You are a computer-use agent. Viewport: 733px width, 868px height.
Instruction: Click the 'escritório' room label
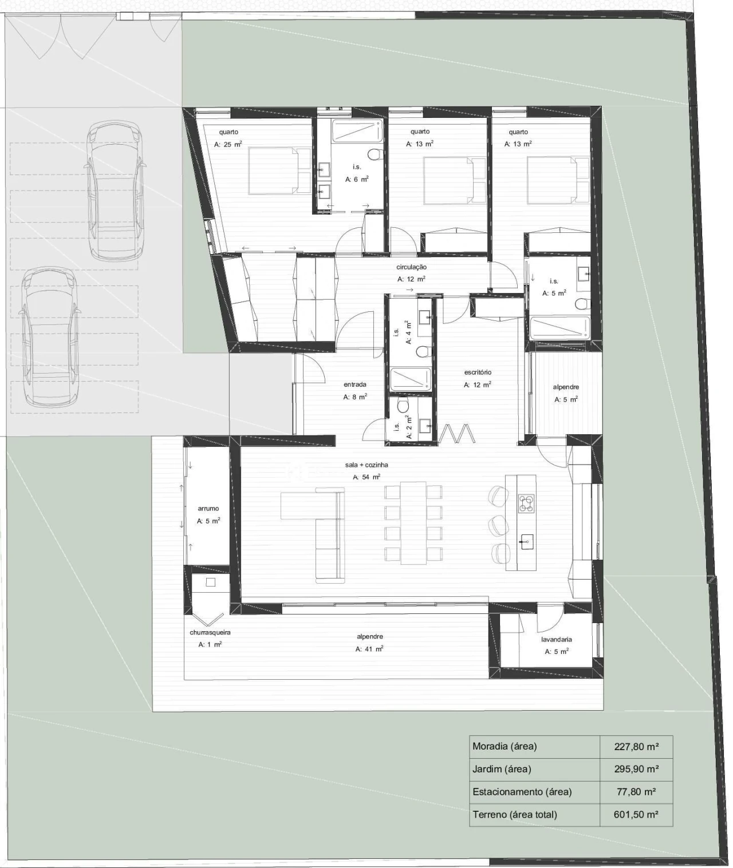click(478, 372)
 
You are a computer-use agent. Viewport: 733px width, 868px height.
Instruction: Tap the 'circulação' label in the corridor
click(411, 267)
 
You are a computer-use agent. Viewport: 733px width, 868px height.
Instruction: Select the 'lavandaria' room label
click(556, 639)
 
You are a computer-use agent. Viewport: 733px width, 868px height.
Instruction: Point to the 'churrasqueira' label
click(210, 632)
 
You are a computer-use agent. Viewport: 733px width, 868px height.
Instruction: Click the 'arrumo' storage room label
click(208, 509)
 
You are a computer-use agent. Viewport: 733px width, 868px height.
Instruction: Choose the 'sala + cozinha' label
click(366, 465)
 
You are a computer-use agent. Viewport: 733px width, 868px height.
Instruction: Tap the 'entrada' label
click(355, 385)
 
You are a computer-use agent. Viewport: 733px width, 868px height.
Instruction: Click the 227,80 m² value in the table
click(636, 746)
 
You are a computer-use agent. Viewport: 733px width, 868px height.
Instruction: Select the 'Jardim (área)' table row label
click(502, 769)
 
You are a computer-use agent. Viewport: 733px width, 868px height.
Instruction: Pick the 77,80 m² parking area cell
click(636, 792)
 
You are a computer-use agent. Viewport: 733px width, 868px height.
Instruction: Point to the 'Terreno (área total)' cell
click(515, 814)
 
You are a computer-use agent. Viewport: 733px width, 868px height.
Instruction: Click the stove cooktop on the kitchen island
click(526, 504)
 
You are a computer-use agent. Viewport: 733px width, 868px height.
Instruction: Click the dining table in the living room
click(413, 522)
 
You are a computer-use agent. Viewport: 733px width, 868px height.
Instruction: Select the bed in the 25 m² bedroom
click(279, 171)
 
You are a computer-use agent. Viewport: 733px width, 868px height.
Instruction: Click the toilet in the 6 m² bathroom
click(374, 154)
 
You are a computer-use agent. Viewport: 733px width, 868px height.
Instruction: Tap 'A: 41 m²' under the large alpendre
click(369, 648)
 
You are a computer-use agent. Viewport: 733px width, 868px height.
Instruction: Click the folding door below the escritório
click(458, 433)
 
